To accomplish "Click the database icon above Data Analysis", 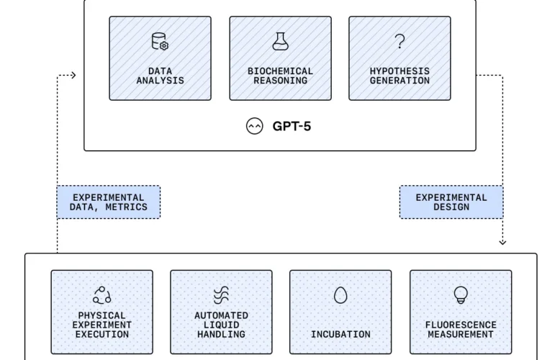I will (160, 42).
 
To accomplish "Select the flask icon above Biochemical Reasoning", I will (280, 42).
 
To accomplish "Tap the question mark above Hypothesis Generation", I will (399, 42).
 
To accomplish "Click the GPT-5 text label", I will (292, 127).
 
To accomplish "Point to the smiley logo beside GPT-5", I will (254, 127).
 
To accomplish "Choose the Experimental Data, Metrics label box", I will (109, 202).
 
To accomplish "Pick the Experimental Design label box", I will (451, 202).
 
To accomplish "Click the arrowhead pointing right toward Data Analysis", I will (73, 75).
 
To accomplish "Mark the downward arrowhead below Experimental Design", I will (502, 242).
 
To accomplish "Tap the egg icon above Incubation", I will (340, 295).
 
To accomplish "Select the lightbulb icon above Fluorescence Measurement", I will (460, 294).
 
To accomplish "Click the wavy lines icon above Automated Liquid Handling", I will (221, 295).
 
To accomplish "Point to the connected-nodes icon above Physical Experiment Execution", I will (101, 295).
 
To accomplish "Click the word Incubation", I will (340, 334).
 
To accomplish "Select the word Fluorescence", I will (460, 325).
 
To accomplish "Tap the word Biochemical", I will (280, 71).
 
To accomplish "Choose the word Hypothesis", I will (399, 71).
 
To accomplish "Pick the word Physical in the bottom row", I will (101, 315).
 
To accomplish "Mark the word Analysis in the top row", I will (160, 81).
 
